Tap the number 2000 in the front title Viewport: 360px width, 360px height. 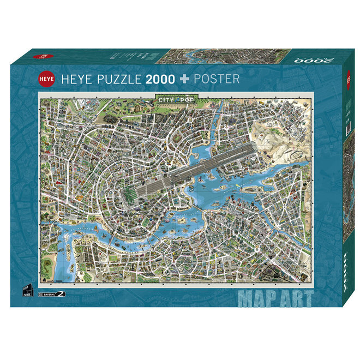coord(160,79)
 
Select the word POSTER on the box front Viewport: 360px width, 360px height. coord(215,79)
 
